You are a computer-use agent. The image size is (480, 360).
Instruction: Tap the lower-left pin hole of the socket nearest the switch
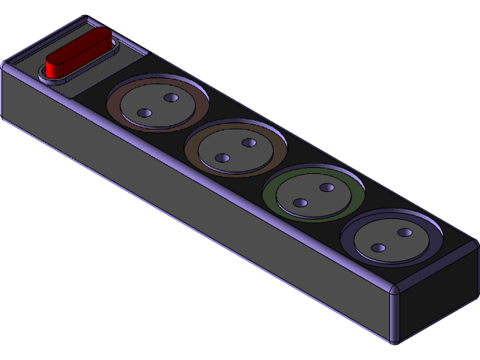(145, 113)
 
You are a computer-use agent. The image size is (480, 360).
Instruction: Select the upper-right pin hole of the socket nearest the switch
(170, 98)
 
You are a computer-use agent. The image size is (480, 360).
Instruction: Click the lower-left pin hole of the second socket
(222, 157)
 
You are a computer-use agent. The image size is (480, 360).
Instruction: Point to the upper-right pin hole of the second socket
(249, 142)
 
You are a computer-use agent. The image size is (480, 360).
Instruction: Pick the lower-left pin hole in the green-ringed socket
(300, 202)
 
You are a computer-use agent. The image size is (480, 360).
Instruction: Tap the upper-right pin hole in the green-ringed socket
(326, 187)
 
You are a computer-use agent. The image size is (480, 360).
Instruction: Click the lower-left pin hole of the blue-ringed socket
(378, 247)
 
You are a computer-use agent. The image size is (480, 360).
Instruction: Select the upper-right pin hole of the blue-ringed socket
(405, 232)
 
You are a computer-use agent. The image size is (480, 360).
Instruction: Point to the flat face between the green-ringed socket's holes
(313, 195)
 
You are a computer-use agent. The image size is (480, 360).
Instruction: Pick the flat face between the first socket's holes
(157, 106)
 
